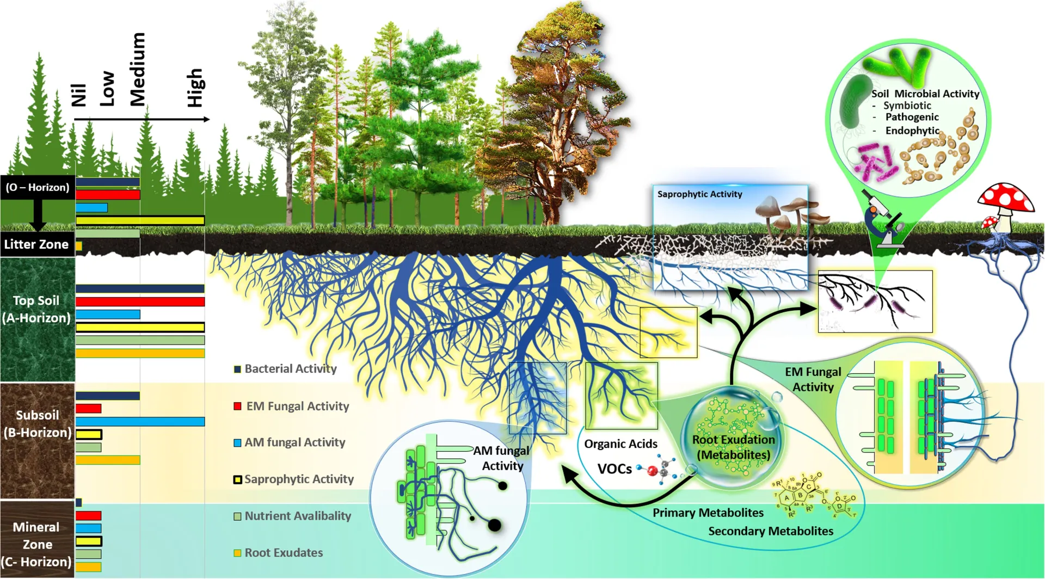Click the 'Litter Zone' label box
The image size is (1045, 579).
36,244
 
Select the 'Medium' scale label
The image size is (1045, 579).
138,69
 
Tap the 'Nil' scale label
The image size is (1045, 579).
79,95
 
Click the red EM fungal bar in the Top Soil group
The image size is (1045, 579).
140,301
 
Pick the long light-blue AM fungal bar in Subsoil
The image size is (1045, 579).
140,422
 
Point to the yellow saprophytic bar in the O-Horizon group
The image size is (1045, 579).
140,220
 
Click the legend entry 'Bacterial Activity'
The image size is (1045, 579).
290,369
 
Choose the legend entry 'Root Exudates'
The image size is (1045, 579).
283,553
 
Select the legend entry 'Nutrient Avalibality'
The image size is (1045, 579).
297,516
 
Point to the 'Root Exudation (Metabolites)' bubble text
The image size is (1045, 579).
733,447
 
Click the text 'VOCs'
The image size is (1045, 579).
614,469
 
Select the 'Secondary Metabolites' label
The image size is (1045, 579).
770,531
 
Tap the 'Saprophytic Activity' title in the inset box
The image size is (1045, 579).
699,194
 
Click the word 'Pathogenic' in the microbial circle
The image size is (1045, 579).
912,117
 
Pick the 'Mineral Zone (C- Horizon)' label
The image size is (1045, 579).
36,544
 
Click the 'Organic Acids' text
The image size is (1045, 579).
620,444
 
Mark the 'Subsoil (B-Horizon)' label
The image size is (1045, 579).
37,424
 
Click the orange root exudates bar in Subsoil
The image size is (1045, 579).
108,460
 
